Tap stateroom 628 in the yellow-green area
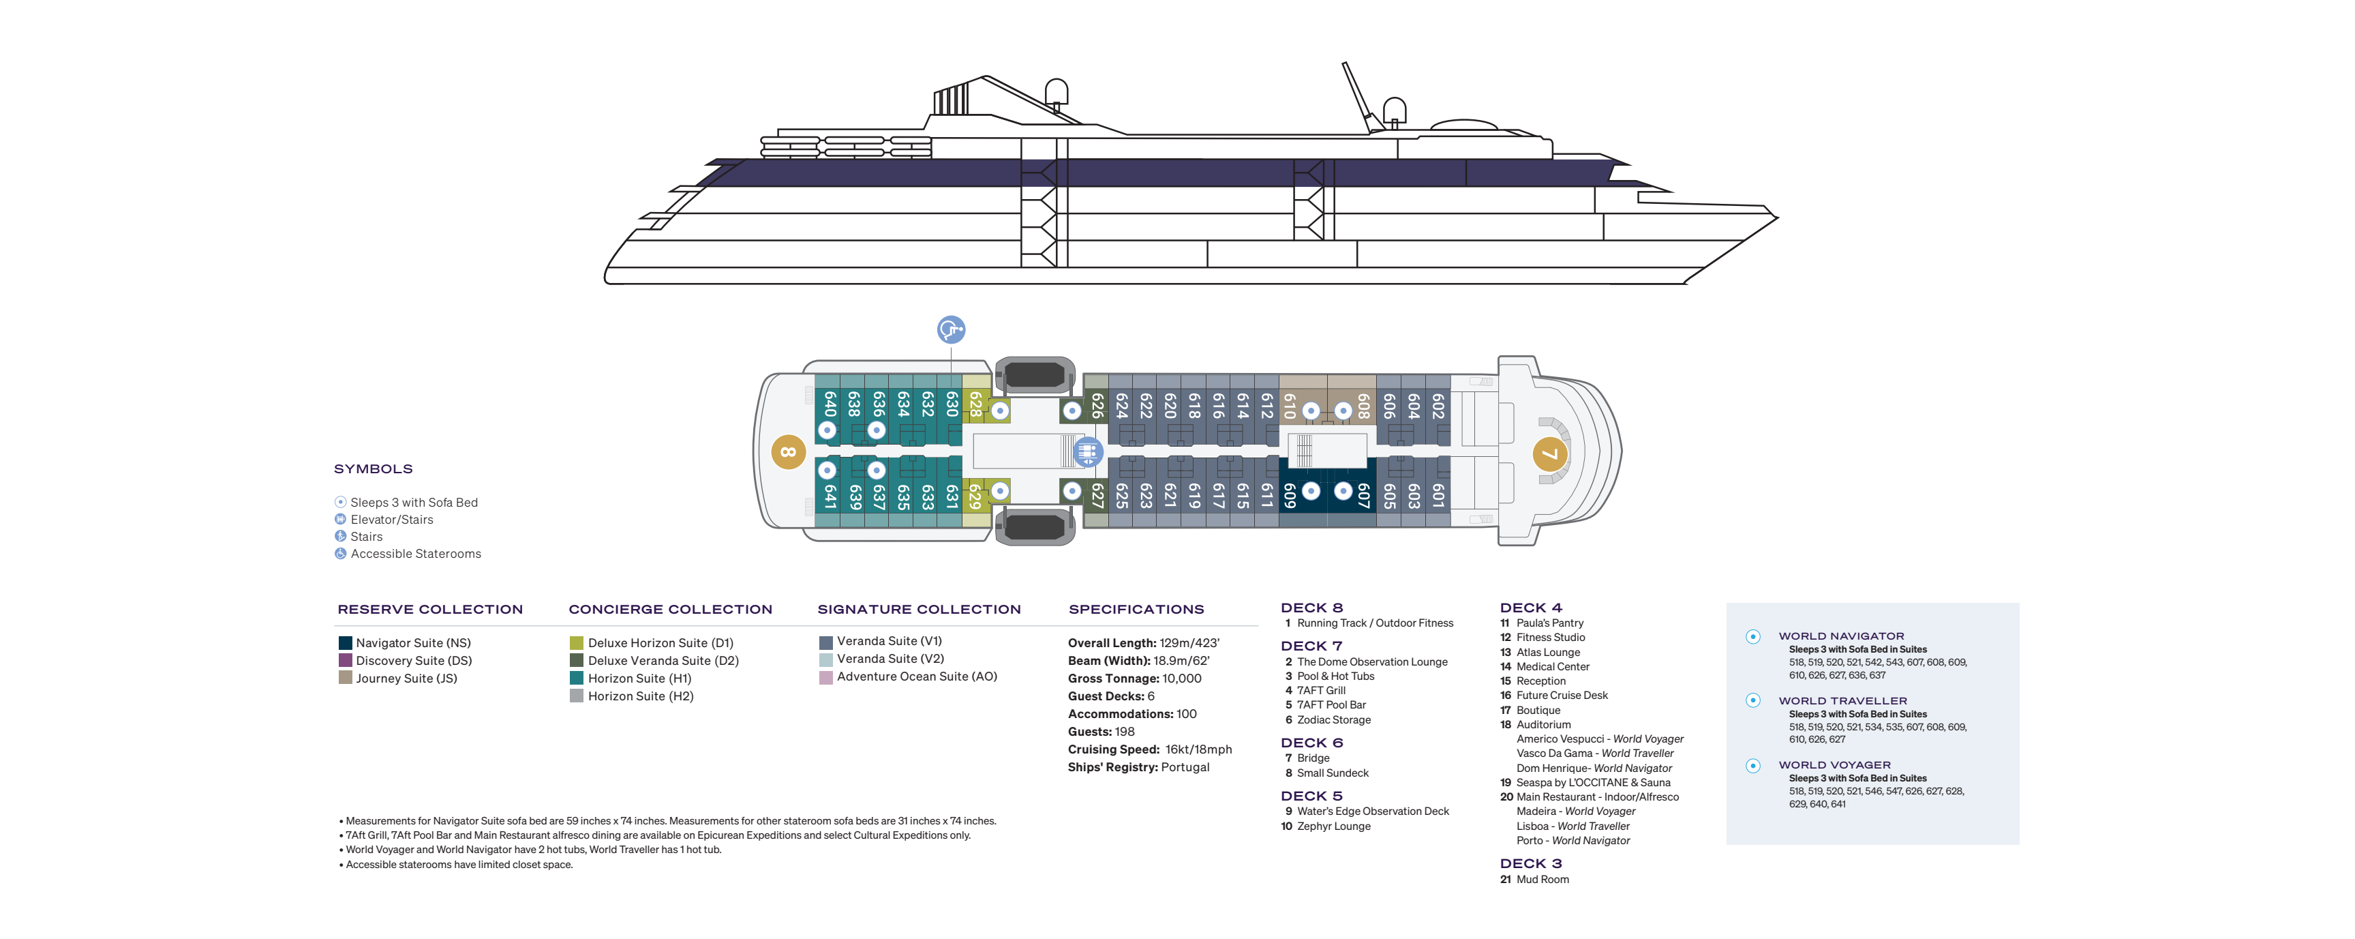[975, 404]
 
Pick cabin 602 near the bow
[1438, 406]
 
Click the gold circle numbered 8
[788, 451]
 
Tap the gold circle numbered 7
[1549, 454]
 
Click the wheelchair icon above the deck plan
[951, 329]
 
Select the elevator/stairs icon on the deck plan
[1087, 451]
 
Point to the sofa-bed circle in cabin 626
[1072, 411]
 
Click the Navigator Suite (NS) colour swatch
[345, 644]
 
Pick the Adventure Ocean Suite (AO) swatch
[825, 678]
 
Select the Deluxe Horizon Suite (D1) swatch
[576, 644]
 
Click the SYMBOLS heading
[373, 469]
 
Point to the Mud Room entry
[1543, 880]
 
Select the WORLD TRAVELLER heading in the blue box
[1842, 701]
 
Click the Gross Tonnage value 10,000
[1181, 679]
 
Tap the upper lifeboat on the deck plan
[1035, 374]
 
